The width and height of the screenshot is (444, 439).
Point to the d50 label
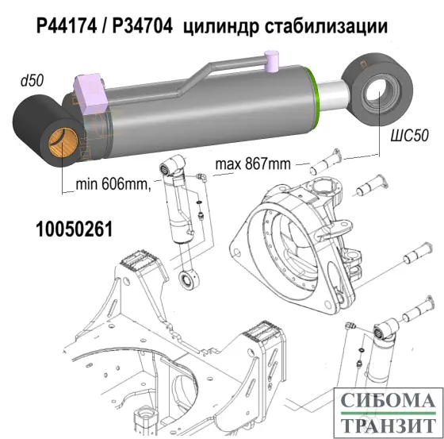point(31,81)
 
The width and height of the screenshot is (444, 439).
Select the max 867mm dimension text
point(251,165)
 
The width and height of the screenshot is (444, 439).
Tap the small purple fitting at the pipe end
point(272,60)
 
